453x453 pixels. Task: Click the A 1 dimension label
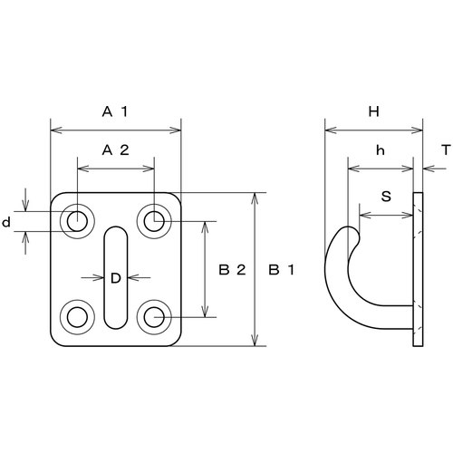(x=115, y=112)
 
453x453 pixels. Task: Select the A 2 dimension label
(x=115, y=150)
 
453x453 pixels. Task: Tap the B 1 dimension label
(x=281, y=270)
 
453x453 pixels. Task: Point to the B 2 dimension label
(x=232, y=270)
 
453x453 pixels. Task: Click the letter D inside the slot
(x=116, y=278)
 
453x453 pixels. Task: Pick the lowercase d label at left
(x=6, y=222)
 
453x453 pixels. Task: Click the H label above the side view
(x=374, y=112)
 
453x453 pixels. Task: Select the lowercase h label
(x=381, y=150)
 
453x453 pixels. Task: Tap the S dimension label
(x=386, y=197)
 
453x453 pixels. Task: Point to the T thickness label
(x=446, y=150)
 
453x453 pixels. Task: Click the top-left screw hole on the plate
(x=77, y=221)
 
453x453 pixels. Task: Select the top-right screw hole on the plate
(x=154, y=221)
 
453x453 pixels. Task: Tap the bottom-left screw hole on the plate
(x=77, y=317)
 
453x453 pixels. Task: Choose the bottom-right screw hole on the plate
(x=154, y=317)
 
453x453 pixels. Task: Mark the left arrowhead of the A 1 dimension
(x=56, y=130)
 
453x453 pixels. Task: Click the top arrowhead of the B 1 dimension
(x=255, y=198)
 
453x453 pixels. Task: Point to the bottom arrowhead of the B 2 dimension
(x=206, y=311)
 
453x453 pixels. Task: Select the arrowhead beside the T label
(x=429, y=169)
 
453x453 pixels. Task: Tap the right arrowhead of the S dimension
(x=407, y=216)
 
